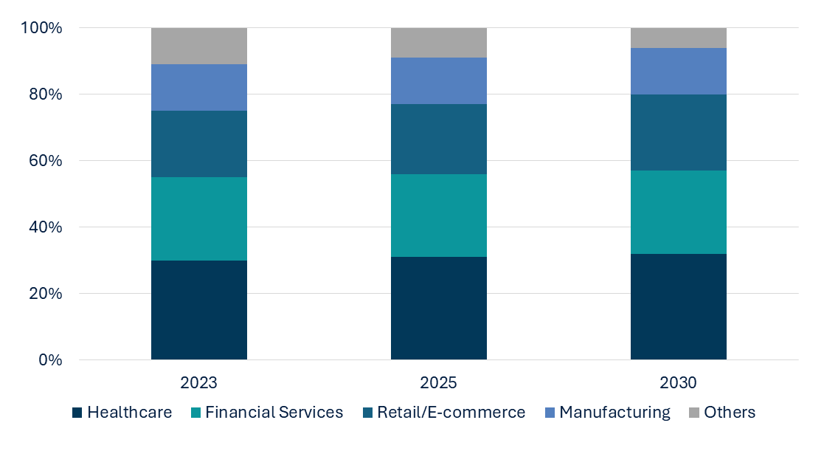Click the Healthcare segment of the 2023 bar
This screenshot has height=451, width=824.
[199, 310]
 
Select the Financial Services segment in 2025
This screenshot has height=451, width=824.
[439, 216]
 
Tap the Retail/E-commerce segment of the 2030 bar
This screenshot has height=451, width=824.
[679, 132]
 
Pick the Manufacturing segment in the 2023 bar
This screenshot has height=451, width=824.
[199, 87]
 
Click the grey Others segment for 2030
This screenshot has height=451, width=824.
[679, 38]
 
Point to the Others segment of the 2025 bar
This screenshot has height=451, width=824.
[439, 43]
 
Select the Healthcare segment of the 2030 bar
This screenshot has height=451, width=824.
[679, 307]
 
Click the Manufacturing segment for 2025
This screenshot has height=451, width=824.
[439, 80]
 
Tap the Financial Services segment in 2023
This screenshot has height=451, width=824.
[199, 218]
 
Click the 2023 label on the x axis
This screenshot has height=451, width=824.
[199, 383]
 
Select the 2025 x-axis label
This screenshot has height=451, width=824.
[439, 383]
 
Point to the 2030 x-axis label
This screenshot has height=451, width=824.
[679, 383]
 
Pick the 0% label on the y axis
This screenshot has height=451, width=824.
[51, 360]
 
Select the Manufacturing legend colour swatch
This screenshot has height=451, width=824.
[550, 413]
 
